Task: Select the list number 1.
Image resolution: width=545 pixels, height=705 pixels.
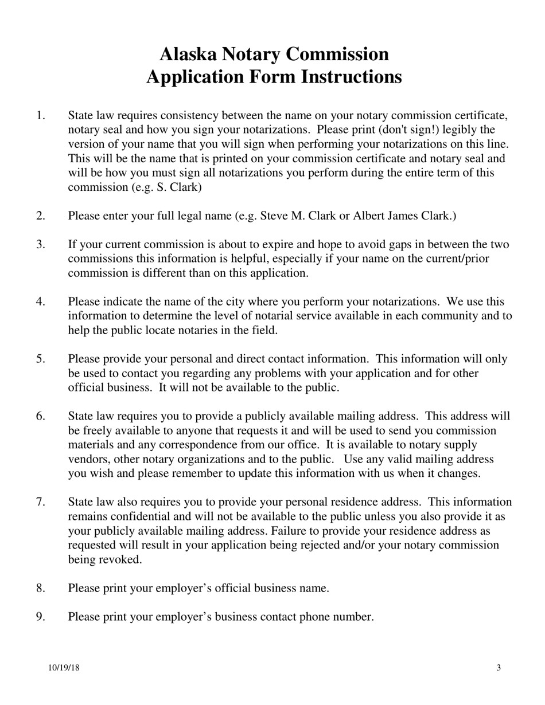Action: pos(40,116)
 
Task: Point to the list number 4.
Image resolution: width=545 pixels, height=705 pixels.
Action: pos(40,301)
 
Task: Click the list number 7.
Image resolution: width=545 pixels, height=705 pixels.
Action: pos(40,502)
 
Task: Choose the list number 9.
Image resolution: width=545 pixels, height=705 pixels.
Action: pos(40,617)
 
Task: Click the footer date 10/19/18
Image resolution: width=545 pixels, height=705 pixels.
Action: pos(64,667)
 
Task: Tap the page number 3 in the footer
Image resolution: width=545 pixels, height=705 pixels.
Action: pos(499,667)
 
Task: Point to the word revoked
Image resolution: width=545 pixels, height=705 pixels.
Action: pos(120,559)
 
